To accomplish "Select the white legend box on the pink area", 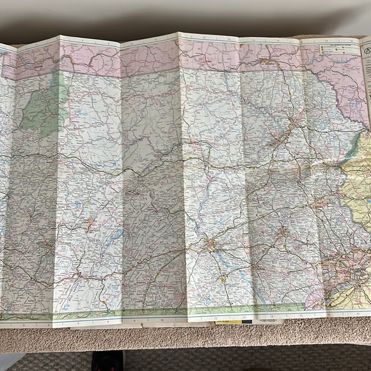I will point(333,51).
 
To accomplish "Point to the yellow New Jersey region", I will point(358,192).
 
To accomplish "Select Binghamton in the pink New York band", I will point(265,62).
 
